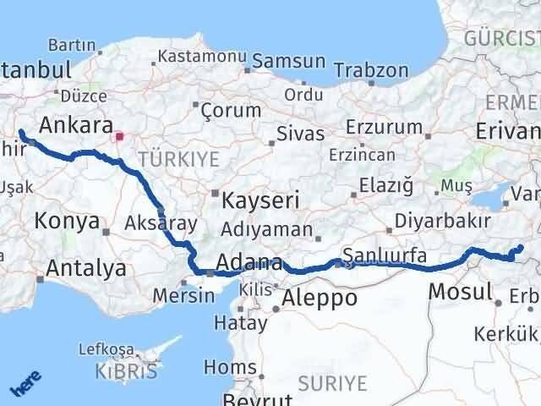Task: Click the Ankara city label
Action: (76, 125)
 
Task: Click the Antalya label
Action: (87, 269)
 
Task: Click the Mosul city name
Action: (461, 293)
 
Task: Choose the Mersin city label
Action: (184, 296)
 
